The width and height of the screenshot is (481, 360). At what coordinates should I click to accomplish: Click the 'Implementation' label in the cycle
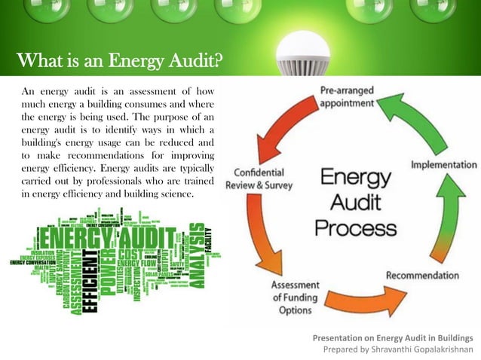tap(443, 164)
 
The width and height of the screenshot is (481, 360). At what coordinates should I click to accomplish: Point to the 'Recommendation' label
tap(421, 275)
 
